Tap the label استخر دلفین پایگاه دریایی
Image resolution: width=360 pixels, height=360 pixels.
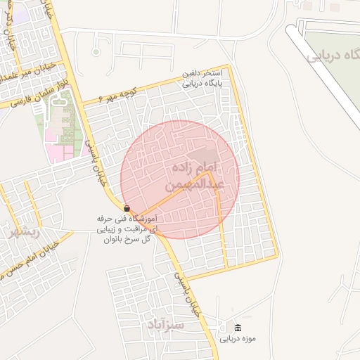coord(202,78)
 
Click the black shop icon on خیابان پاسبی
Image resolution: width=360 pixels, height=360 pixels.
coord(127,209)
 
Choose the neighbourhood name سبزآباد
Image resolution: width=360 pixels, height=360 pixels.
coord(167,324)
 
